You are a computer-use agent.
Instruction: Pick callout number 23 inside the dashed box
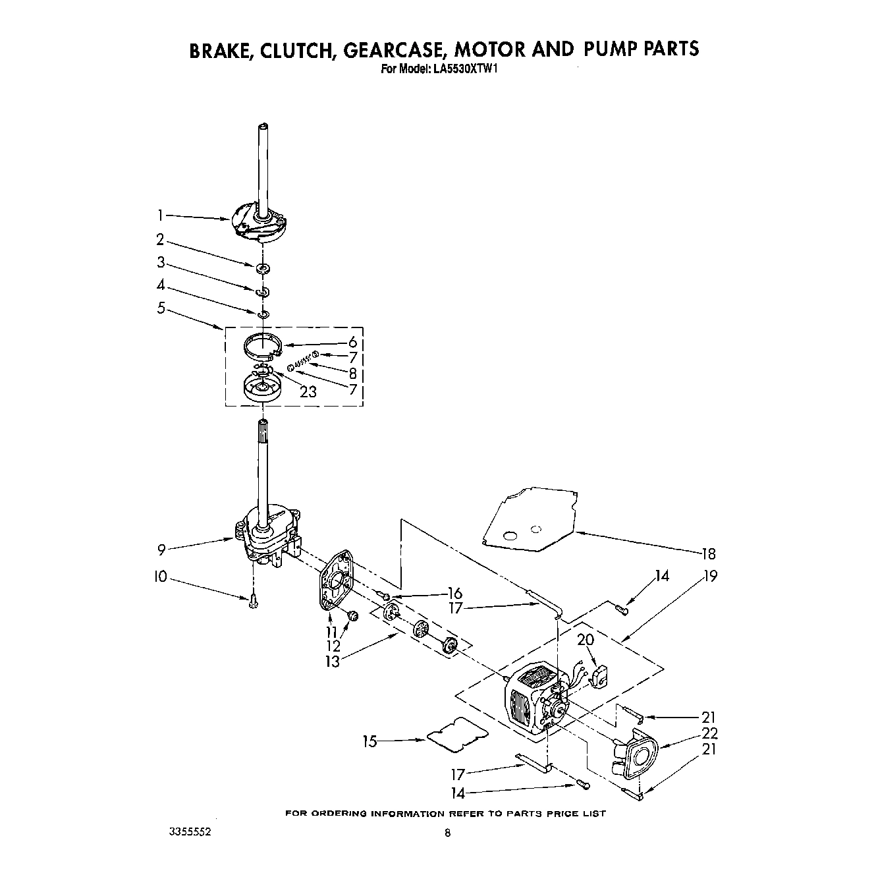coord(308,392)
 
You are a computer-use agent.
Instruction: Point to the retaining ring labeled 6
coord(263,345)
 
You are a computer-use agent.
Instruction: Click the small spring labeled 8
coord(302,360)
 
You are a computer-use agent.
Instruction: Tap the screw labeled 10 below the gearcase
coord(254,601)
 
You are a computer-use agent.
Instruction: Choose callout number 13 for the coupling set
coord(332,662)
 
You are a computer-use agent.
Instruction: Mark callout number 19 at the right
coord(709,577)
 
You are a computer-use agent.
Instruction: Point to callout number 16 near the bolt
coord(454,594)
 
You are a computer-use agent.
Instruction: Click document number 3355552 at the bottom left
coord(190,832)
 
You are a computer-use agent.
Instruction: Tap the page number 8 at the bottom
coord(448,833)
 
